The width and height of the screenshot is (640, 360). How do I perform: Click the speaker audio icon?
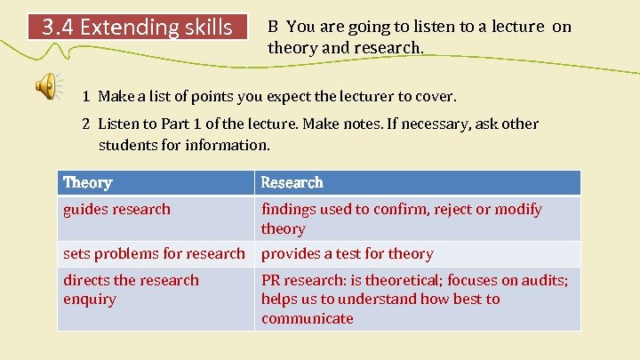point(47,86)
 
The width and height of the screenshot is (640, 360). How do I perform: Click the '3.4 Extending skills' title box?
point(138,27)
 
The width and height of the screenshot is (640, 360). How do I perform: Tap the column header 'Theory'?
point(87,182)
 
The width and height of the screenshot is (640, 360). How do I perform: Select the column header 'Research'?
point(292,182)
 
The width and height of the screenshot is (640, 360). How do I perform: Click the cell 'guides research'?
point(116,209)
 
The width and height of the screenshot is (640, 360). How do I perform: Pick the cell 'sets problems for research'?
point(153,253)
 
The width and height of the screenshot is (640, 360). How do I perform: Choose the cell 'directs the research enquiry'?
point(131,289)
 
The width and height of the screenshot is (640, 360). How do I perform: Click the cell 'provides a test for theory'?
point(347,253)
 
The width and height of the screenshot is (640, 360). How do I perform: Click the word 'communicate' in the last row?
point(307,318)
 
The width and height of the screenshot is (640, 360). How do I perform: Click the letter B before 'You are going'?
point(274,27)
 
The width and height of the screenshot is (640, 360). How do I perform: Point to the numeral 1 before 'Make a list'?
point(87,95)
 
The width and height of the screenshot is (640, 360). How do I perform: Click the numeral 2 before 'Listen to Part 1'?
point(87,124)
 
